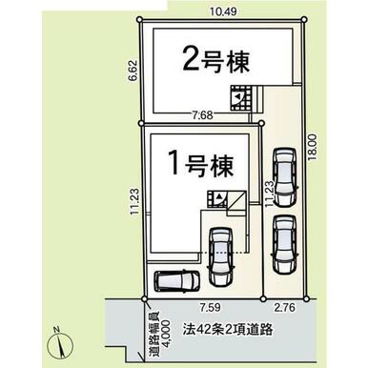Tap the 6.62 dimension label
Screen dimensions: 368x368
click(x=133, y=72)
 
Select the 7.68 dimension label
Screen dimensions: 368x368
click(x=202, y=115)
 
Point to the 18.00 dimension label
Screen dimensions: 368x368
click(x=313, y=147)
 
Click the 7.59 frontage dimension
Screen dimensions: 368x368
click(x=210, y=307)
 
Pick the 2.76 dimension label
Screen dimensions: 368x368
click(x=285, y=307)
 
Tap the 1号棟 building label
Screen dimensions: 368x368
click(x=202, y=165)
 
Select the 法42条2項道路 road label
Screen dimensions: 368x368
click(x=228, y=330)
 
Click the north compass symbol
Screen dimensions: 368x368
click(x=60, y=344)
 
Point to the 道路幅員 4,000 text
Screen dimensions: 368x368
click(x=159, y=337)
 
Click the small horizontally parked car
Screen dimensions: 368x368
click(x=176, y=280)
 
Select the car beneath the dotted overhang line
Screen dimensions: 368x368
click(x=221, y=256)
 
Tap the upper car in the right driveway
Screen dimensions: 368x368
click(x=285, y=176)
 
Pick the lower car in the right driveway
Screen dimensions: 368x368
click(x=285, y=245)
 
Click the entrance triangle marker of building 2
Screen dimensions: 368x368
click(x=237, y=97)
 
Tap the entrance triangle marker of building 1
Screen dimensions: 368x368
click(x=218, y=197)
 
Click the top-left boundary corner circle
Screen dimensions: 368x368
click(x=139, y=20)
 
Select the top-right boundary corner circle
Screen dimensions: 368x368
click(x=304, y=20)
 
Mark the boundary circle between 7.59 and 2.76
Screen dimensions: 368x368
click(x=263, y=298)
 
